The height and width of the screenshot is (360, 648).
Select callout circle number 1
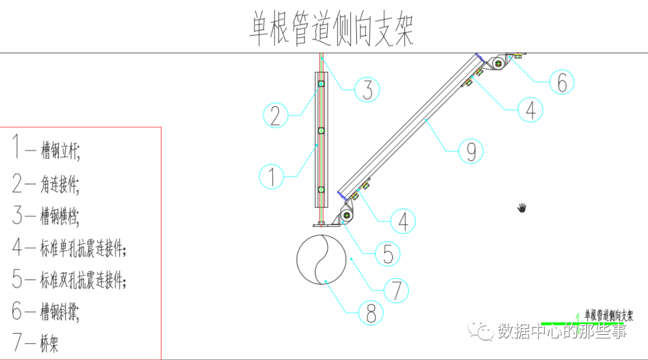click(272, 176)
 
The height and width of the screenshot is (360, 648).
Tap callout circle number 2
click(275, 115)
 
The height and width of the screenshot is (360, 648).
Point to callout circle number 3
click(367, 89)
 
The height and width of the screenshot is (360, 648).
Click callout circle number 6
click(562, 83)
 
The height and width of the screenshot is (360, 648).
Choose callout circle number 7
click(397, 290)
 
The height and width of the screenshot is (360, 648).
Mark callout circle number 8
click(371, 312)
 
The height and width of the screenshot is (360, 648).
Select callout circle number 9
click(471, 151)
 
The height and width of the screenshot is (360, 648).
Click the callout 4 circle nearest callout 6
click(530, 109)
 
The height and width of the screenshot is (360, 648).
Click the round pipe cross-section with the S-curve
click(322, 258)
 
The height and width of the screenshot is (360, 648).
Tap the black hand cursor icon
click(522, 208)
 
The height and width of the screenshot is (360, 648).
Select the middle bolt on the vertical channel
click(321, 130)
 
